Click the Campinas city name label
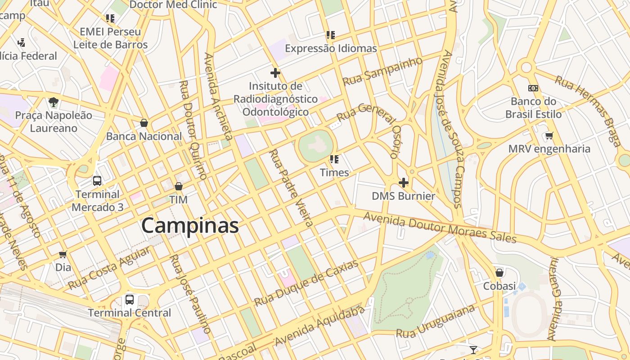190,225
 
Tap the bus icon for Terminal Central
130,299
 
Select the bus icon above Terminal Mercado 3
97,181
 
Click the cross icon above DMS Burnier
404,183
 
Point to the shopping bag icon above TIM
179,186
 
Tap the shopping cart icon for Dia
63,254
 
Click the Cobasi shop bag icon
499,273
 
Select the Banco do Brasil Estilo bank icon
533,88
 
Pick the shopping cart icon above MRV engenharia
549,135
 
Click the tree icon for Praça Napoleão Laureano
54,102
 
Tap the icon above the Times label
334,159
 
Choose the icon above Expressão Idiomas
331,35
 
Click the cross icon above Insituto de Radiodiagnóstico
275,72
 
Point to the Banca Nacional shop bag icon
144,123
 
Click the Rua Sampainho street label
382,71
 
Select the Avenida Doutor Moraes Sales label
440,228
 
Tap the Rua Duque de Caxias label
306,283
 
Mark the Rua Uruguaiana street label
435,321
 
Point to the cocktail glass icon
473,350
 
